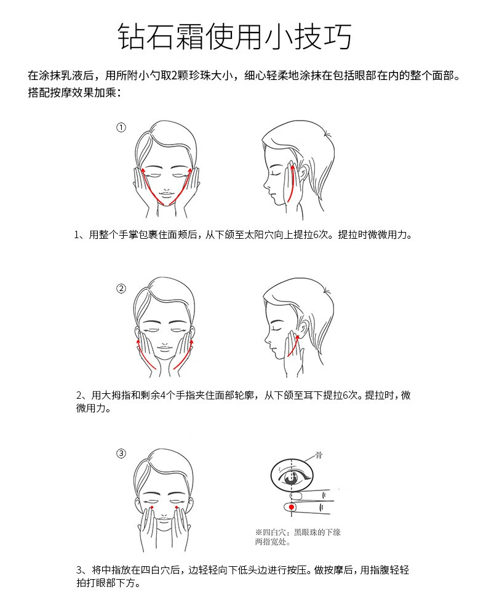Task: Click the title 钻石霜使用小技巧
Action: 235,36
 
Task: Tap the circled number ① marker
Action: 121,127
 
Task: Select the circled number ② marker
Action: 121,289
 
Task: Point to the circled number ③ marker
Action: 121,454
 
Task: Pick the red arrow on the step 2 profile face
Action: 293,346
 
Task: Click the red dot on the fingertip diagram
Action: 292,507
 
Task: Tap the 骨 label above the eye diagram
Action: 318,455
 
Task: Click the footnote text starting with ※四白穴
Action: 298,537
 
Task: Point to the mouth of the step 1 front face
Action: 166,193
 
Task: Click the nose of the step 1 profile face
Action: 265,183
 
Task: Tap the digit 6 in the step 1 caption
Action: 316,234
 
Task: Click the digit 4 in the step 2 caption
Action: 163,395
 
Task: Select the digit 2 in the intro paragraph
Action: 174,75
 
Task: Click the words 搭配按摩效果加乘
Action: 72,93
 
